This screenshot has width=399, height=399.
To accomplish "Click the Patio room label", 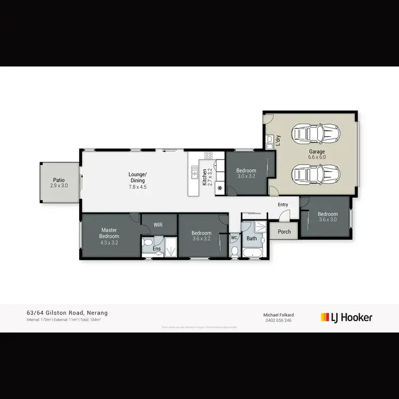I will click(59, 182).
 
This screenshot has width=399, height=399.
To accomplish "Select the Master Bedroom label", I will click(109, 236).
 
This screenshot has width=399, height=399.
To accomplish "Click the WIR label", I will click(158, 225).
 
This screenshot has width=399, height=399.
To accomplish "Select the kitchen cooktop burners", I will click(209, 155).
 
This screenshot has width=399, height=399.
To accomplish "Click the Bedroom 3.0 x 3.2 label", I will click(246, 173).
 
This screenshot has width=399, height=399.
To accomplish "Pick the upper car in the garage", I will click(315, 134).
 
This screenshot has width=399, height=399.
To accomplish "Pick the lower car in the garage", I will click(315, 173).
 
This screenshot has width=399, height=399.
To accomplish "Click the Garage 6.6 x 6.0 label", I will click(317, 154).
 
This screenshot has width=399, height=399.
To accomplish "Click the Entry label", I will click(282, 204).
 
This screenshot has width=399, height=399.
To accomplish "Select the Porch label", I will click(284, 231).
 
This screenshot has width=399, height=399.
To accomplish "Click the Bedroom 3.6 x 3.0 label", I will click(328, 217).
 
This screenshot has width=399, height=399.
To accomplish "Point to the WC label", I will click(234, 238).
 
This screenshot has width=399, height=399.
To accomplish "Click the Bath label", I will click(252, 238).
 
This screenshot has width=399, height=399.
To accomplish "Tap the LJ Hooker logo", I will click(346, 318).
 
